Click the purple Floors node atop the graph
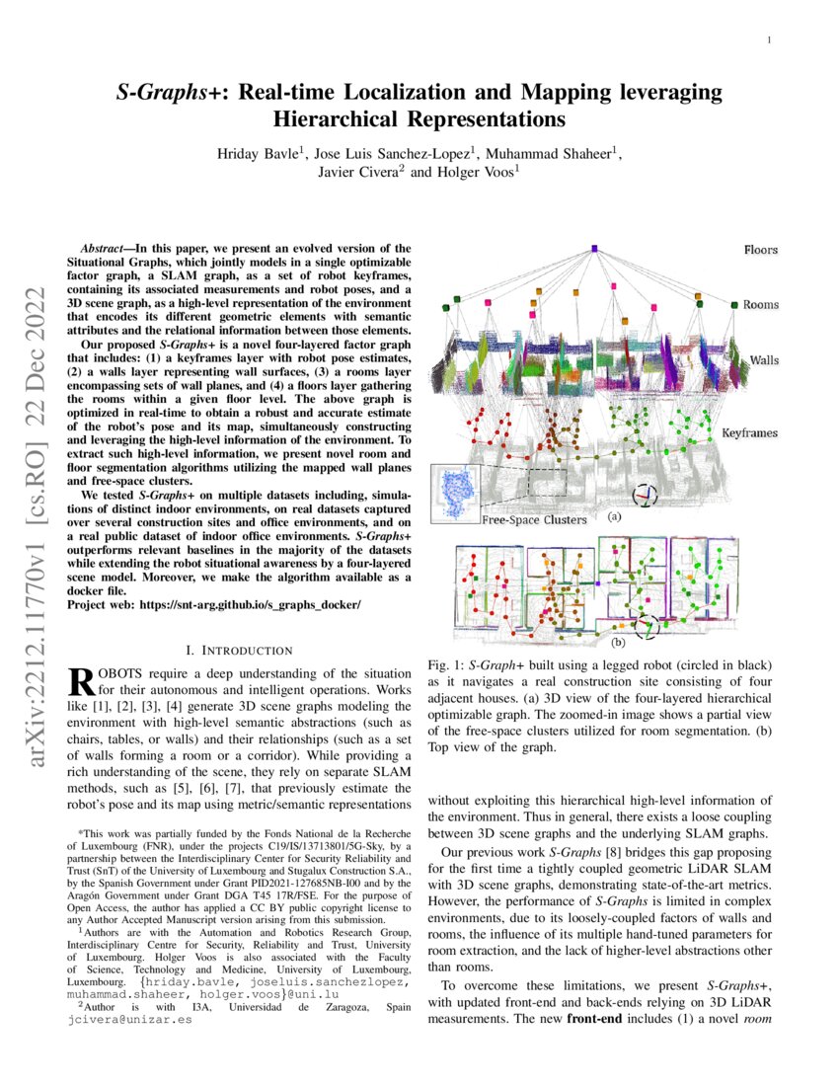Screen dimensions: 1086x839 (x=594, y=249)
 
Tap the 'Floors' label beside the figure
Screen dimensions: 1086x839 (x=760, y=251)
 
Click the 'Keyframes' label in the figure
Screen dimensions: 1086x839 (x=748, y=433)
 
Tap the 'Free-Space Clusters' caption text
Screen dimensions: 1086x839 (x=534, y=519)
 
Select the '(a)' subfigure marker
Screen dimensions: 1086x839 (x=614, y=516)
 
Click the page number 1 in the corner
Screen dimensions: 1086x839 (x=769, y=40)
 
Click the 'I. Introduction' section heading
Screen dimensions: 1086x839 (x=239, y=650)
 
